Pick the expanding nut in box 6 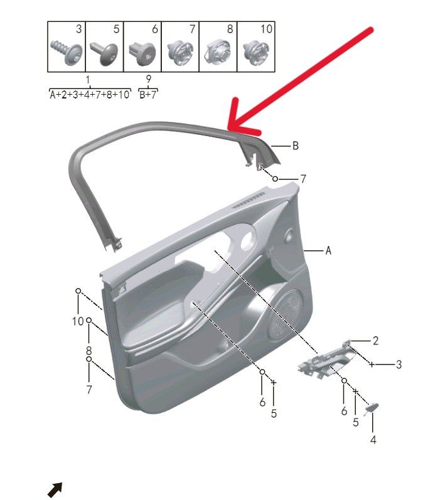(x=142, y=53)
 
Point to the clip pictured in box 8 (x=218, y=51)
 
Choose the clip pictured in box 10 (x=256, y=52)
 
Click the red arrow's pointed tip (x=228, y=129)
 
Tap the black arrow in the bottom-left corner (x=55, y=489)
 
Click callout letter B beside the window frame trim (x=296, y=146)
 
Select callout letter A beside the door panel (x=328, y=251)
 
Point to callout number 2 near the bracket (x=375, y=341)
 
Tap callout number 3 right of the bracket (x=399, y=364)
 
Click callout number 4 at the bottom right (x=373, y=440)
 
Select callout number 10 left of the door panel (x=78, y=321)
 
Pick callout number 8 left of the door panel (x=88, y=351)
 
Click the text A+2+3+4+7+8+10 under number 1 (x=90, y=94)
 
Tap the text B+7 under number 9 (x=148, y=94)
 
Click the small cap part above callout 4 (x=372, y=408)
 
